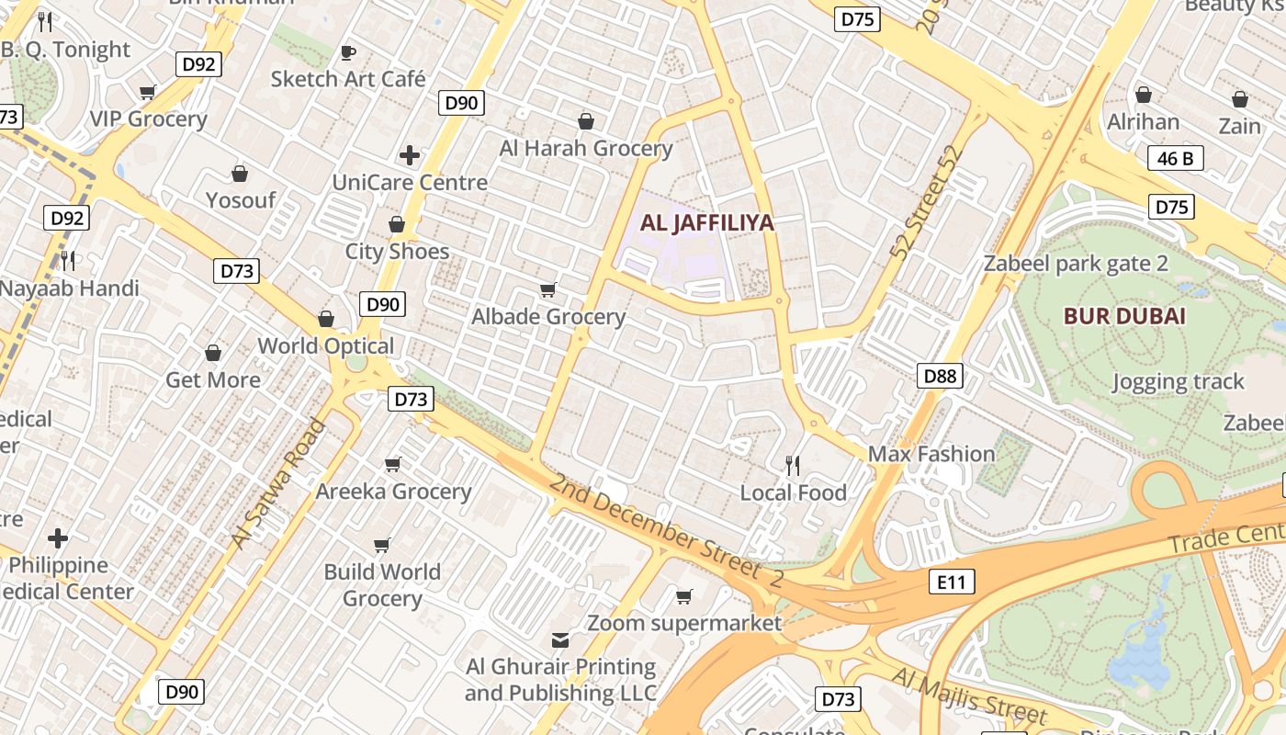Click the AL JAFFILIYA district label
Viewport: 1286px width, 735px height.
[x=706, y=222]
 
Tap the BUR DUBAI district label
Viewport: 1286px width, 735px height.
[x=1124, y=317]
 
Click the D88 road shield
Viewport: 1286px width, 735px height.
[x=940, y=375]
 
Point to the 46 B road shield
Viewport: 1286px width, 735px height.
[x=1175, y=159]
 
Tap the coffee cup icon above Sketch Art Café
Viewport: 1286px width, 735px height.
[x=347, y=52]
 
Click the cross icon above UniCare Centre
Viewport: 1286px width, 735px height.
[x=410, y=155]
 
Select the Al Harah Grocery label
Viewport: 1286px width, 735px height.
[x=586, y=148]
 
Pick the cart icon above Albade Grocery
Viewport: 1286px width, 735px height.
[x=548, y=290]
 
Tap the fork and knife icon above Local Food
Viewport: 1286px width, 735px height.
[x=793, y=466]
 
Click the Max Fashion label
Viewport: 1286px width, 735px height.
[x=931, y=454]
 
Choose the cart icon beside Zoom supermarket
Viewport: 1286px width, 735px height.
[x=683, y=597]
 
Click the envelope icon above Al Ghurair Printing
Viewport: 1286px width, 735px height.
[x=560, y=639]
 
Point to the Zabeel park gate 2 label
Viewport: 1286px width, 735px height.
[x=1076, y=265]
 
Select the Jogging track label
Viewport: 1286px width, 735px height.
[x=1178, y=381]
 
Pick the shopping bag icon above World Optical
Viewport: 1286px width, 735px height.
[x=325, y=319]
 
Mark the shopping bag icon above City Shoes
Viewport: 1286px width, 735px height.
[x=397, y=224]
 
